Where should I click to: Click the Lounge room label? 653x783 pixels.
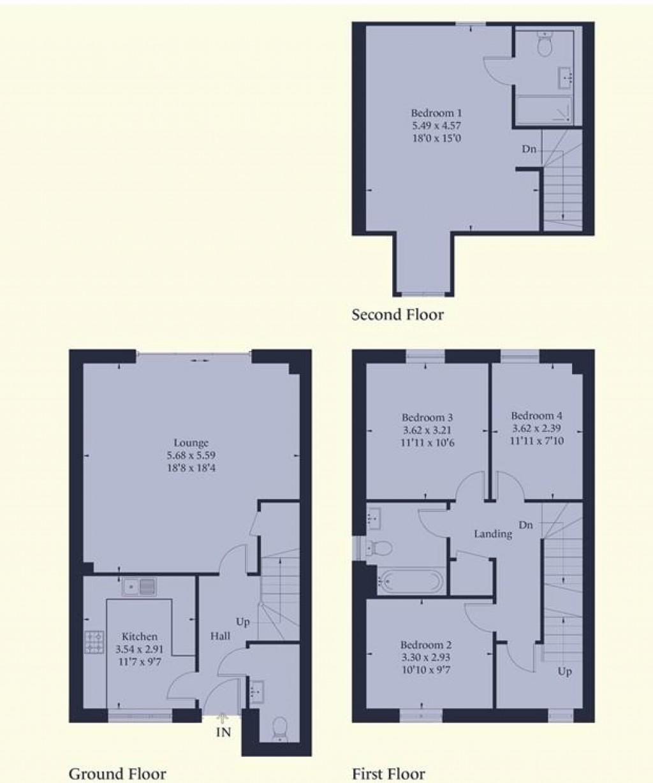click(x=191, y=443)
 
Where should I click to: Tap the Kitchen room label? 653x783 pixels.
click(x=139, y=636)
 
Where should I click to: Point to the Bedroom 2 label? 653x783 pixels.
click(x=426, y=645)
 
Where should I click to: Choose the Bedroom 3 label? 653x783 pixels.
click(x=428, y=418)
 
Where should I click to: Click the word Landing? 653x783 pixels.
click(x=492, y=534)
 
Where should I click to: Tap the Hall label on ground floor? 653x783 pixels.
click(x=221, y=636)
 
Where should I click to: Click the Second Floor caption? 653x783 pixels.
click(x=397, y=314)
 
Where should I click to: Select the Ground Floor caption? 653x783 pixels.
click(x=117, y=773)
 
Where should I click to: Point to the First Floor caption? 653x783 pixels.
click(x=388, y=773)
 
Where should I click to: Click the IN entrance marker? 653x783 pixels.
click(x=223, y=733)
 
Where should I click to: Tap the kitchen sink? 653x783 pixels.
click(x=139, y=586)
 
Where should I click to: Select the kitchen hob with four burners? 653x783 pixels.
click(x=94, y=641)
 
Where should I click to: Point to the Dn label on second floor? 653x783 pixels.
click(x=529, y=149)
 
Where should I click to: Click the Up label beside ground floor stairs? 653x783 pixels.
click(x=243, y=622)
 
